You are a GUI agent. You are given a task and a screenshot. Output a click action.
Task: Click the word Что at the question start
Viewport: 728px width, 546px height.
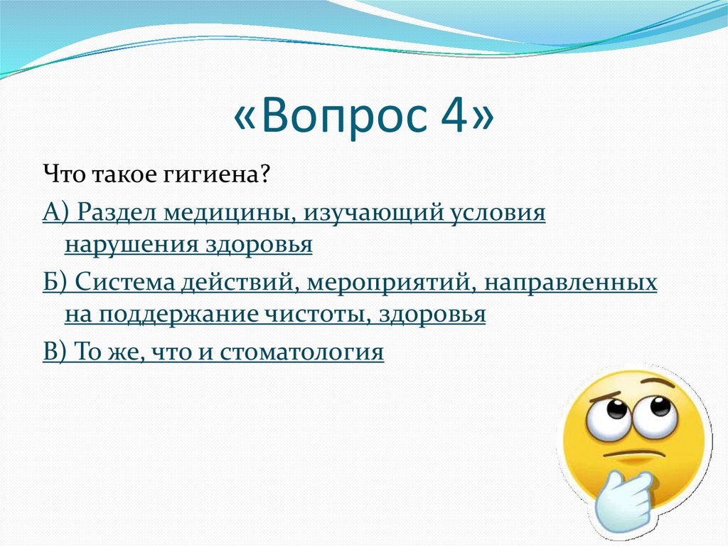click(60, 174)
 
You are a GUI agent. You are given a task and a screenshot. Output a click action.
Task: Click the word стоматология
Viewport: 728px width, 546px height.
click(301, 352)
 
